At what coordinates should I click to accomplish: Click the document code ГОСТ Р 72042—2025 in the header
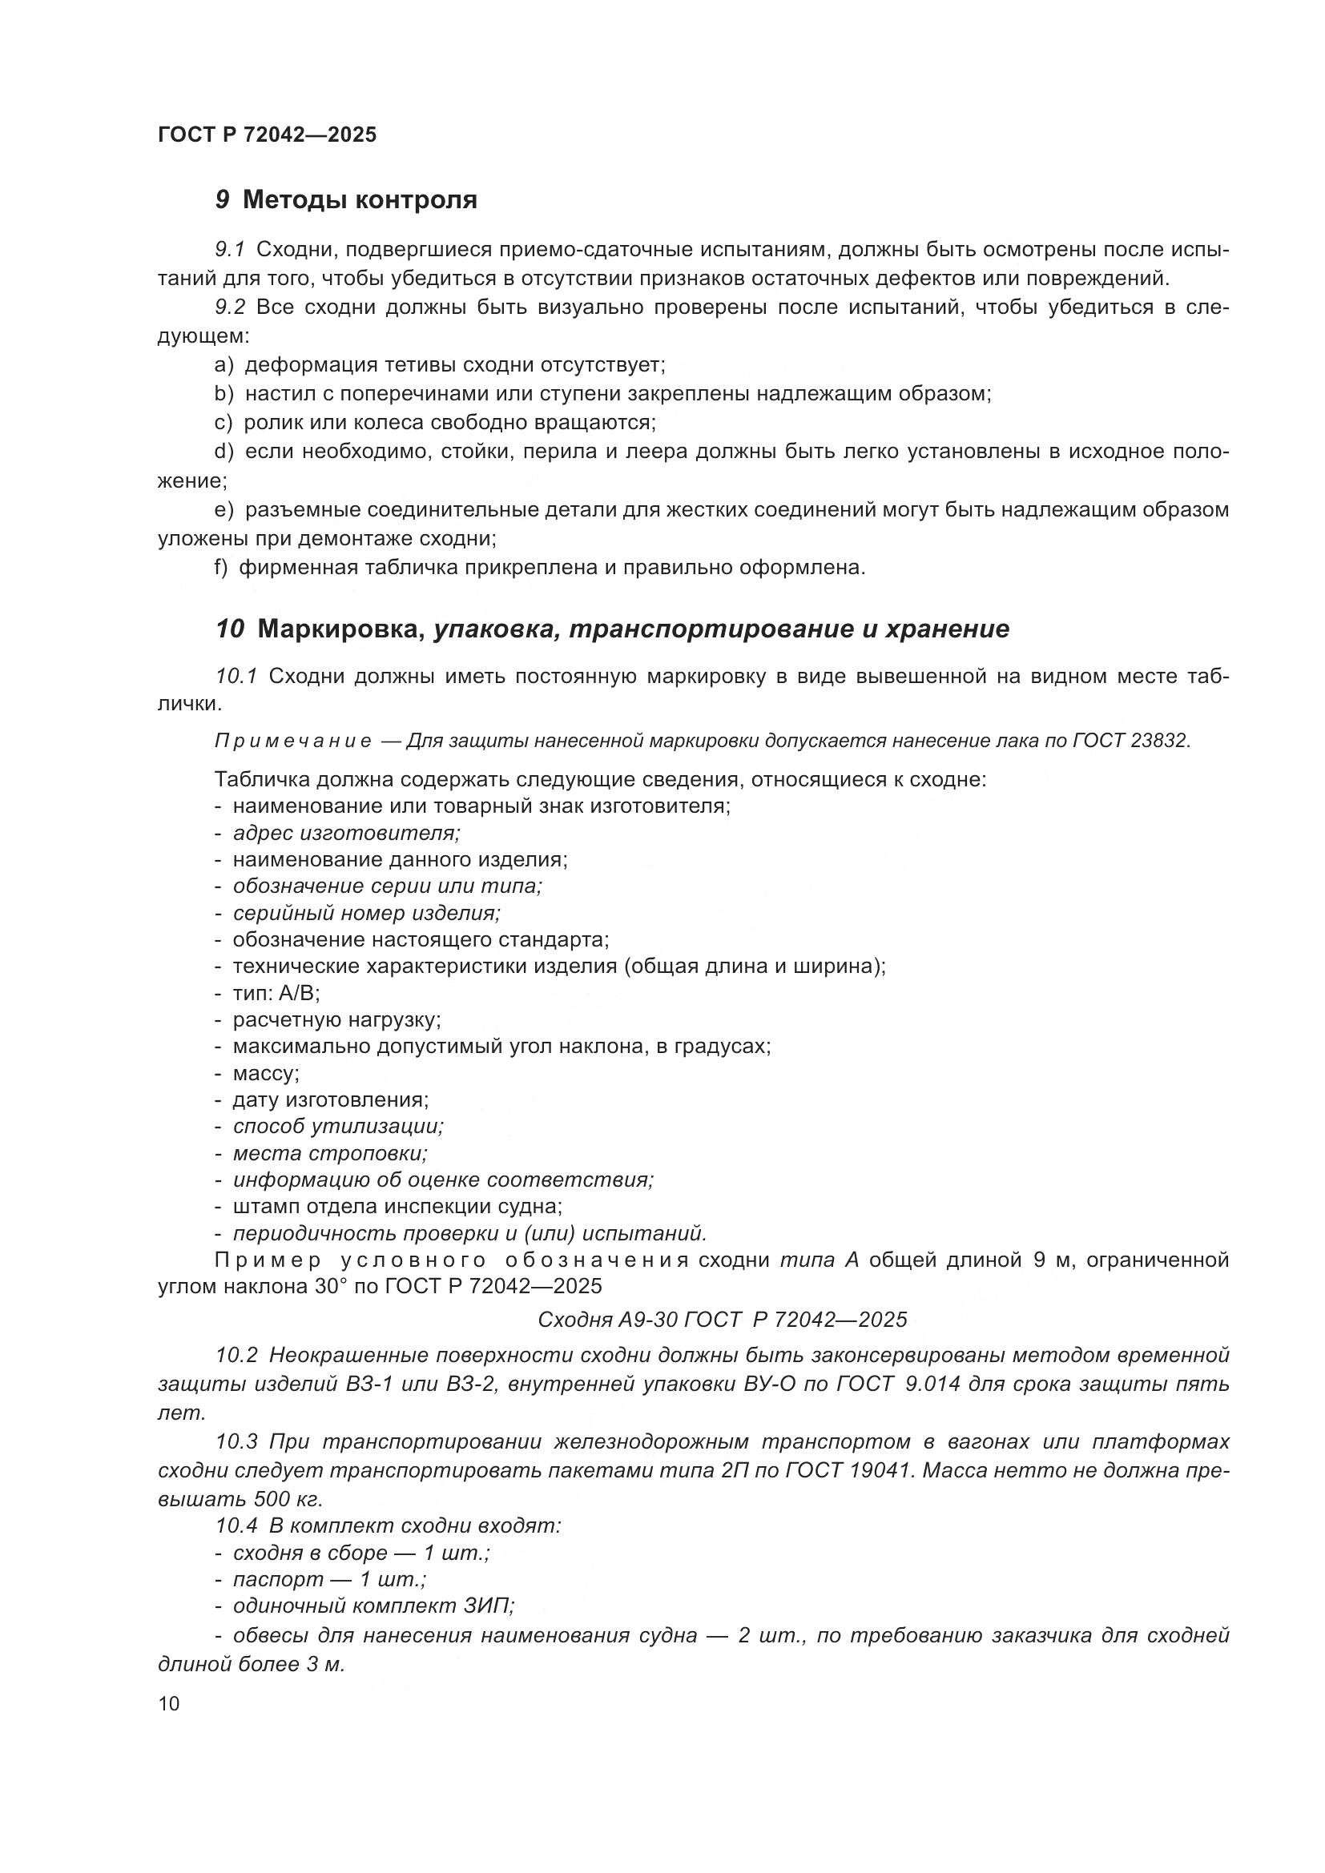[x=267, y=135]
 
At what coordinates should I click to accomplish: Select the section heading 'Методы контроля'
[x=359, y=199]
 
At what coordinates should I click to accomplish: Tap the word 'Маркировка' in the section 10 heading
[x=342, y=629]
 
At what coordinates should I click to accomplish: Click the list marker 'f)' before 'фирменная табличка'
[x=221, y=567]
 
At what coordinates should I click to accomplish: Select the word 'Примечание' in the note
[x=293, y=741]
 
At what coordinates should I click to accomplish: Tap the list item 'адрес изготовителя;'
[x=347, y=833]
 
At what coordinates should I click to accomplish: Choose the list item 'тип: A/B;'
[x=276, y=993]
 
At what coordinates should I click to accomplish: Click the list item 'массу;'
[x=266, y=1073]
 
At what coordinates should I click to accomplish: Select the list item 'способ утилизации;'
[x=338, y=1127]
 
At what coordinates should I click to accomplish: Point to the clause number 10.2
[x=236, y=1355]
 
